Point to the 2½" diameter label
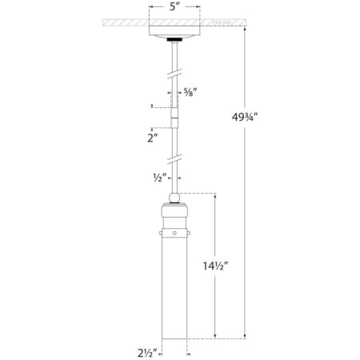point(146,350)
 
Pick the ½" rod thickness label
point(159,178)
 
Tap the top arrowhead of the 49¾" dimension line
point(245,26)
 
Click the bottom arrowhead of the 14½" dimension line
point(215,334)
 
